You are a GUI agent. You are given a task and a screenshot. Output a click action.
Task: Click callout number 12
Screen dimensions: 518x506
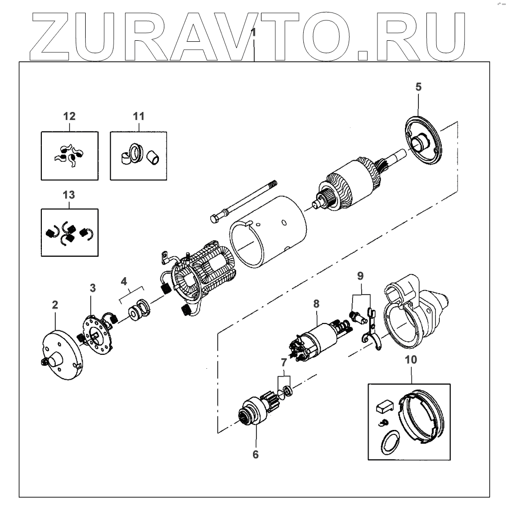pyautogui.click(x=69, y=116)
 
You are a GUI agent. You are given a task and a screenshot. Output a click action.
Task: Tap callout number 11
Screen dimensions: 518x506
pyautogui.click(x=138, y=116)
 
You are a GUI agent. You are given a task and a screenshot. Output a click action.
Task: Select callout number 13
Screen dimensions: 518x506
pyautogui.click(x=69, y=195)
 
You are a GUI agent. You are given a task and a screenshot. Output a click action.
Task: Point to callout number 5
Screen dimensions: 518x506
pyautogui.click(x=418, y=87)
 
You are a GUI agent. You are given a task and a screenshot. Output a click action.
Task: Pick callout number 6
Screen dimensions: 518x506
pyautogui.click(x=255, y=454)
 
